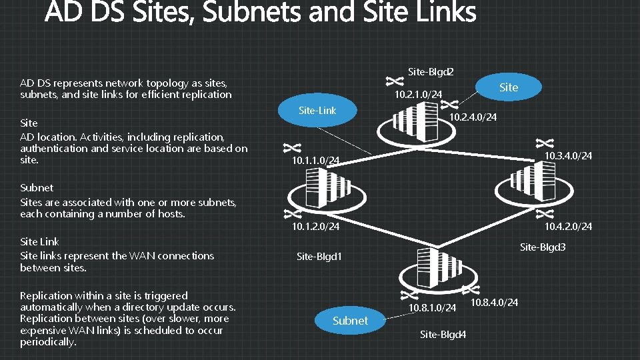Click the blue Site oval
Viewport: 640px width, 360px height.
[508, 87]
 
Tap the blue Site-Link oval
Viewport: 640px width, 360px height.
[317, 110]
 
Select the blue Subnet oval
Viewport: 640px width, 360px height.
[350, 321]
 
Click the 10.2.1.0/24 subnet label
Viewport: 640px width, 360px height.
[418, 95]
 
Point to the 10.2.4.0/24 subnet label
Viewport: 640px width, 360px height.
[473, 118]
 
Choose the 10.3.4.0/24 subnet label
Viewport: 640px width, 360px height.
[568, 156]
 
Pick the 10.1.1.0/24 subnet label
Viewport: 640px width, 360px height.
[315, 161]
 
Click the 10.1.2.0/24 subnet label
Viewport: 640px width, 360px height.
[315, 227]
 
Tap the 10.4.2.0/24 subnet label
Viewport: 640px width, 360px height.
[568, 227]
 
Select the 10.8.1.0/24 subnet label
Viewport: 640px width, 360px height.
[433, 308]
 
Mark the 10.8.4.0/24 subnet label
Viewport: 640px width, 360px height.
[494, 303]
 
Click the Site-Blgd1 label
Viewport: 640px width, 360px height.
[319, 256]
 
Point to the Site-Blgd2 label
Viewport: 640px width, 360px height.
[431, 71]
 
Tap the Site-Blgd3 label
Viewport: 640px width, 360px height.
[543, 247]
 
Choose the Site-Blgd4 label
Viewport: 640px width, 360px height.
[443, 334]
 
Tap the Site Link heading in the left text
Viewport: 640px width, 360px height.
[39, 242]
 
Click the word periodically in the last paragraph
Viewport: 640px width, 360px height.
[48, 342]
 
